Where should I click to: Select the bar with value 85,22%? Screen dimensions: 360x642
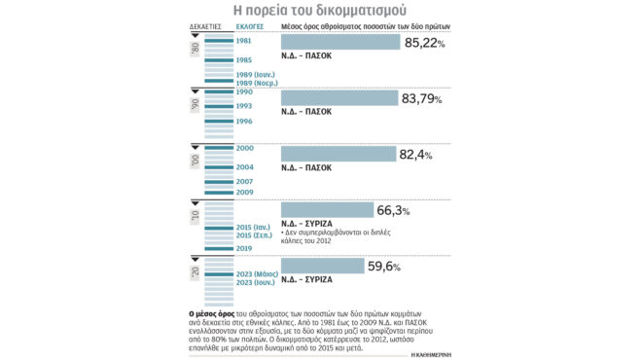[340, 42]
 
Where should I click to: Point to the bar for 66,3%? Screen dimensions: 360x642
[327, 210]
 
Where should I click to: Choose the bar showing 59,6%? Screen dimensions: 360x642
[322, 266]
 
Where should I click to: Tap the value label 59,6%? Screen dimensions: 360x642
[402, 266]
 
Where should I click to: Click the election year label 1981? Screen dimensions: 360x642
[245, 40]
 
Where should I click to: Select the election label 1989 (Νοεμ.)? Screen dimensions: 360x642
[261, 85]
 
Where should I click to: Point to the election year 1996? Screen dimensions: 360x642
[245, 122]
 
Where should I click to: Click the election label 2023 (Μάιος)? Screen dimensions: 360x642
[260, 273]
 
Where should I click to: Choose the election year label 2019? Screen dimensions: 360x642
[245, 248]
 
